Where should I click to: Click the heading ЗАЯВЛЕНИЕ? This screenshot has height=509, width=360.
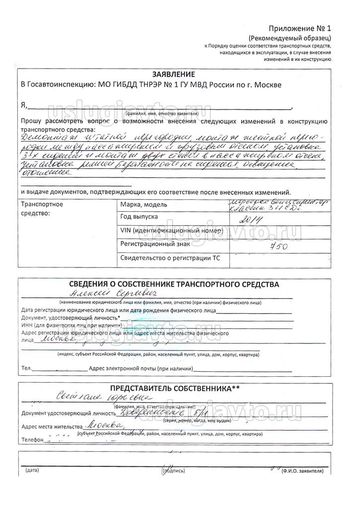[x=173, y=74]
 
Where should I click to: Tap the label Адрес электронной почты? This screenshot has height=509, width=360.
[x=140, y=369]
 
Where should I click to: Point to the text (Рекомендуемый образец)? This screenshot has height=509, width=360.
[x=289, y=38]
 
